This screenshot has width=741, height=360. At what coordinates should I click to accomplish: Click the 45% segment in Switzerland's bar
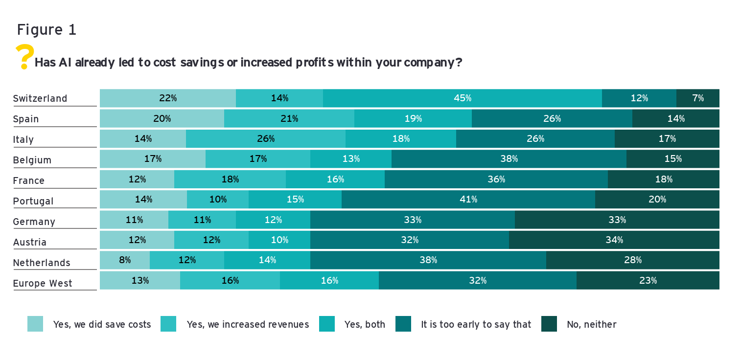(463, 98)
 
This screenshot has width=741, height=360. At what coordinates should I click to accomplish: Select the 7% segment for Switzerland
(698, 98)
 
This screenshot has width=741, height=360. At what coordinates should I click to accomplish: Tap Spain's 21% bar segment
(289, 118)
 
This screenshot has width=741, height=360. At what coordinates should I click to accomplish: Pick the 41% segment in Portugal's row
(468, 200)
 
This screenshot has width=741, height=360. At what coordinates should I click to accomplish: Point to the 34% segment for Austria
(614, 240)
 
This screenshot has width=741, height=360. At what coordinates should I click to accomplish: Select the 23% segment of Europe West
(648, 281)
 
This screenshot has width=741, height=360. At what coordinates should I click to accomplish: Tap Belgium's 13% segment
(351, 159)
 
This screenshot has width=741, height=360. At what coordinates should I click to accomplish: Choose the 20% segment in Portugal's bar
(657, 200)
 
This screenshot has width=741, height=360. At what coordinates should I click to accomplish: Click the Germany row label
(34, 222)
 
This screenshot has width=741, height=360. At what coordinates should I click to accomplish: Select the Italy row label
(23, 139)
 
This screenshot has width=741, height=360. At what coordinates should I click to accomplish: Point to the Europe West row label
(43, 283)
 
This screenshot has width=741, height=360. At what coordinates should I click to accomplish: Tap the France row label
(29, 180)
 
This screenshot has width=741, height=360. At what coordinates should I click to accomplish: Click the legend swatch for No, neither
(549, 324)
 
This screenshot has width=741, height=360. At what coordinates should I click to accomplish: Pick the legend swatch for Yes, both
(327, 324)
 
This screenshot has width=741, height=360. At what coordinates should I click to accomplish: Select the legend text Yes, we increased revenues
(248, 324)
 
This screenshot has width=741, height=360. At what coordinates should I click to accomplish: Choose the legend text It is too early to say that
(476, 324)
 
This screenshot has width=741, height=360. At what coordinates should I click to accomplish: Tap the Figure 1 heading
(46, 30)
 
